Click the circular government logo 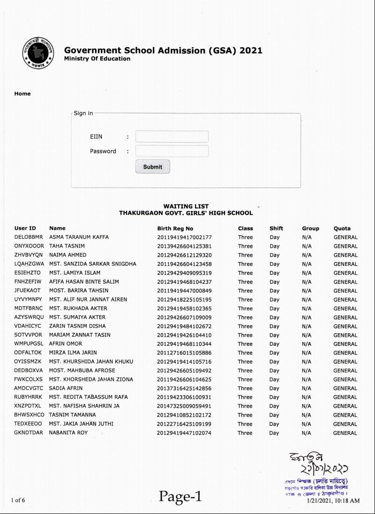click(37, 53)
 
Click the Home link click(22, 94)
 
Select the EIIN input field click(172, 136)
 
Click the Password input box click(172, 151)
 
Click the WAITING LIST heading click(186, 206)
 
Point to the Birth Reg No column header click(175, 228)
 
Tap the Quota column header click(342, 228)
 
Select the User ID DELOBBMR click(29, 237)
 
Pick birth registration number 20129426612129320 click(184, 255)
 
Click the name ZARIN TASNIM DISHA click(77, 326)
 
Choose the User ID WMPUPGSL click(29, 344)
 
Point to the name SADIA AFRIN click(66, 388)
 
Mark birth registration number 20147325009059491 click(184, 406)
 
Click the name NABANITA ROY click(68, 433)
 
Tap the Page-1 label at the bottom click(180, 496)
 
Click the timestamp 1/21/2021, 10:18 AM click(333, 501)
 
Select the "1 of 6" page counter click(18, 500)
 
